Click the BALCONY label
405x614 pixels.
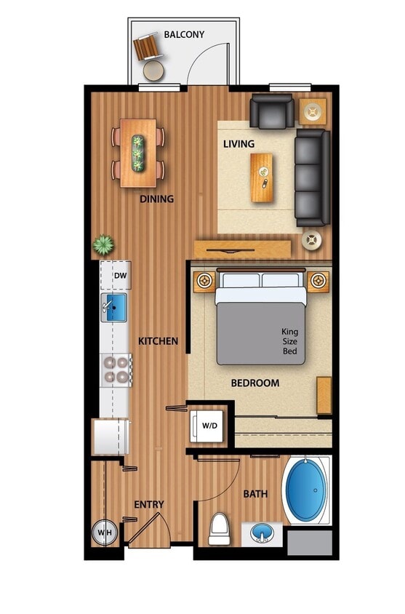click(x=184, y=34)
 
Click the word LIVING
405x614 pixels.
click(x=238, y=144)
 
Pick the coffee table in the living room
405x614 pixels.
click(x=262, y=178)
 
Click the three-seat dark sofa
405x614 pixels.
click(x=312, y=178)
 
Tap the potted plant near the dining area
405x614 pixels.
click(x=103, y=244)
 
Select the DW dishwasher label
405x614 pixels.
click(x=120, y=276)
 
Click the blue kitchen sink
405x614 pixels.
click(x=114, y=308)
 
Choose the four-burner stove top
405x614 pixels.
click(x=116, y=369)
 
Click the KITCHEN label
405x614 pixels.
click(x=158, y=340)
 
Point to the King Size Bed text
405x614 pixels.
click(x=290, y=342)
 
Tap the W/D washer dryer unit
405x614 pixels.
click(x=209, y=425)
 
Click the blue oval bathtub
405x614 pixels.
click(x=307, y=490)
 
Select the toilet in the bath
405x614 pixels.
click(x=219, y=528)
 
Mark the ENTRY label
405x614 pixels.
click(x=149, y=504)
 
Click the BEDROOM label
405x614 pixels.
click(x=255, y=383)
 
